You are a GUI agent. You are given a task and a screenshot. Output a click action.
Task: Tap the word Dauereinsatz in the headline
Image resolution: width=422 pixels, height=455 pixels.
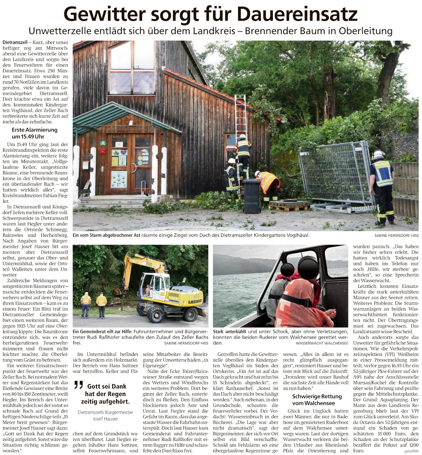pos(298,14)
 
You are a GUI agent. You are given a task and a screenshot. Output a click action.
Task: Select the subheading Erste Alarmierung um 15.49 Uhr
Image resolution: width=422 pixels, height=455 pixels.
pos(34,133)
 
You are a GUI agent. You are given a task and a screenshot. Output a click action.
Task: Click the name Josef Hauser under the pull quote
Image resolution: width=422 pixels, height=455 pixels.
pos(105,418)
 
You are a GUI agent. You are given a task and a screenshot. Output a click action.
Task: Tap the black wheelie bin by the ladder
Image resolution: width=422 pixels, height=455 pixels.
pos(252,195)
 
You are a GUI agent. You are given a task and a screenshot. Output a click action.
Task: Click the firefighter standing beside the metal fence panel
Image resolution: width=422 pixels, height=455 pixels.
pos(383,186)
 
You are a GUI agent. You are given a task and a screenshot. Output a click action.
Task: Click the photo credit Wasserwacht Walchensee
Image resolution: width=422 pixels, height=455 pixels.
pos(322,343)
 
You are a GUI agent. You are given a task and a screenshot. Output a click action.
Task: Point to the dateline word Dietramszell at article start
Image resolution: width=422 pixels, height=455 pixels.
pos(15,43)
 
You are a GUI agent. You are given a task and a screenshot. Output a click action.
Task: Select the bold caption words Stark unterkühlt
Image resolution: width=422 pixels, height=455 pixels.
pos(229,331)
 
